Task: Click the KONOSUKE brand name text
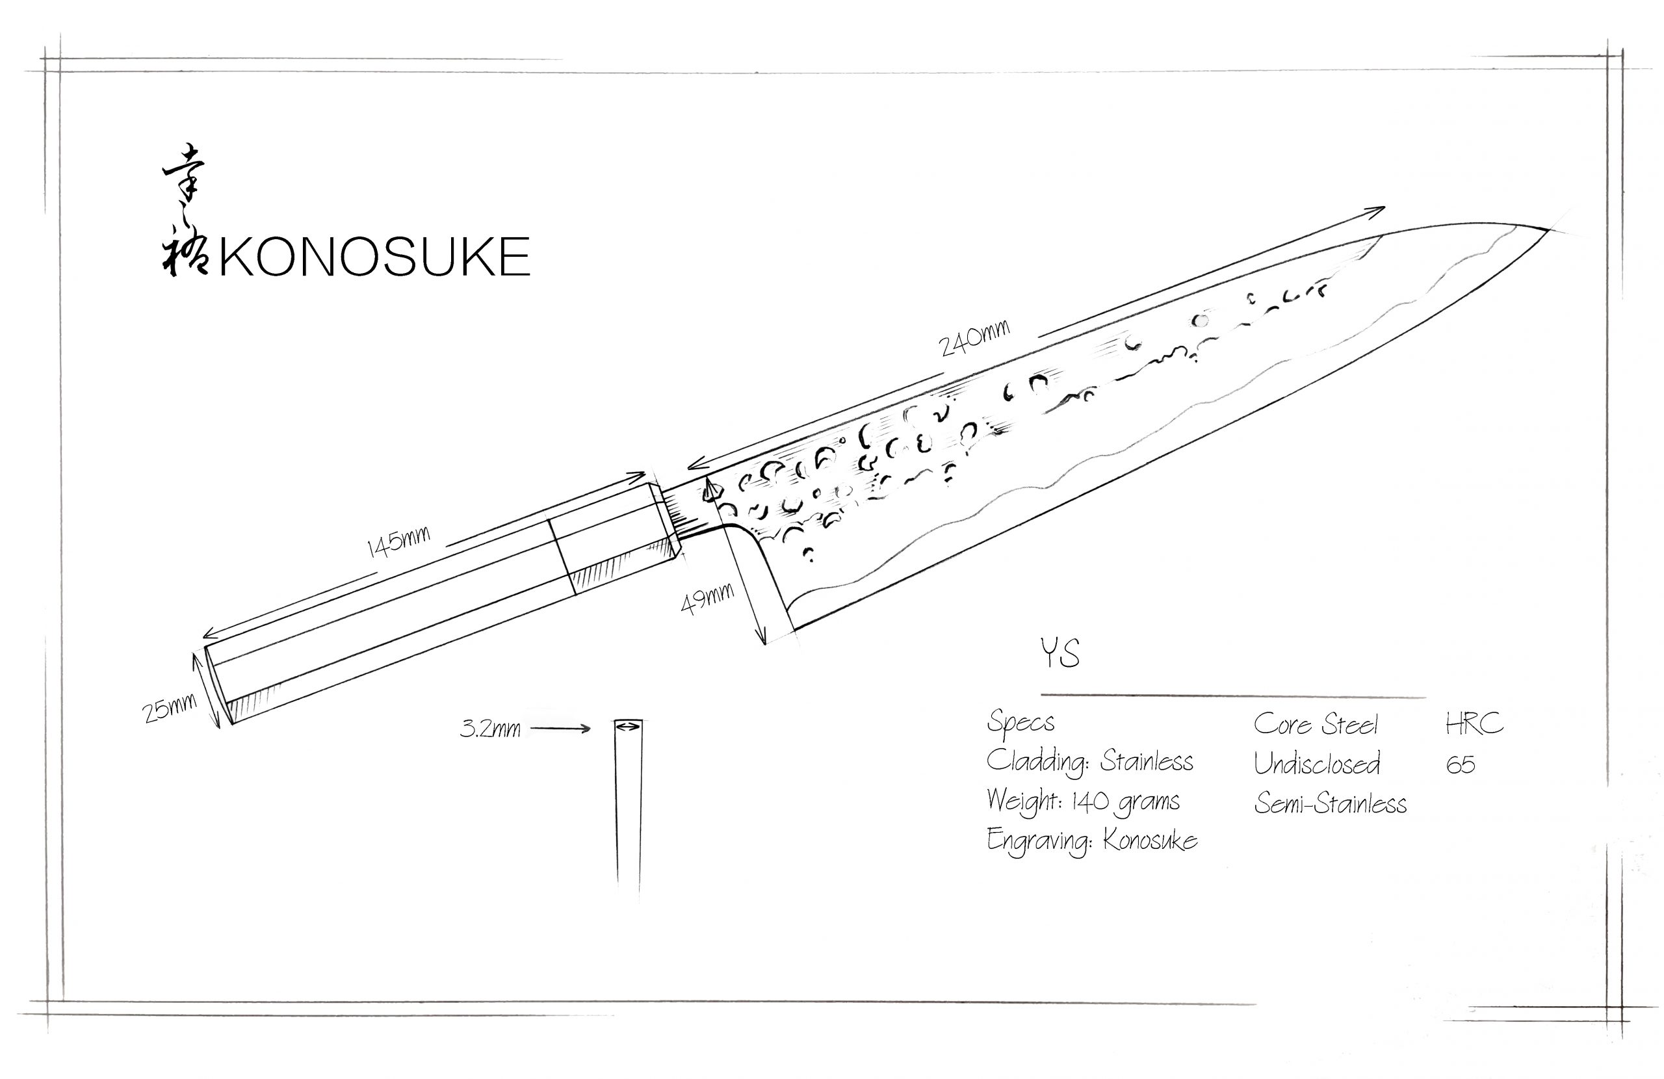[375, 257]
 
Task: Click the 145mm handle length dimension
[398, 542]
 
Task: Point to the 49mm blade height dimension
[708, 599]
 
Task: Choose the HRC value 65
[1461, 764]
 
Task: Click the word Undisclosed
[1316, 764]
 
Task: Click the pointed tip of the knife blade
[1546, 229]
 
